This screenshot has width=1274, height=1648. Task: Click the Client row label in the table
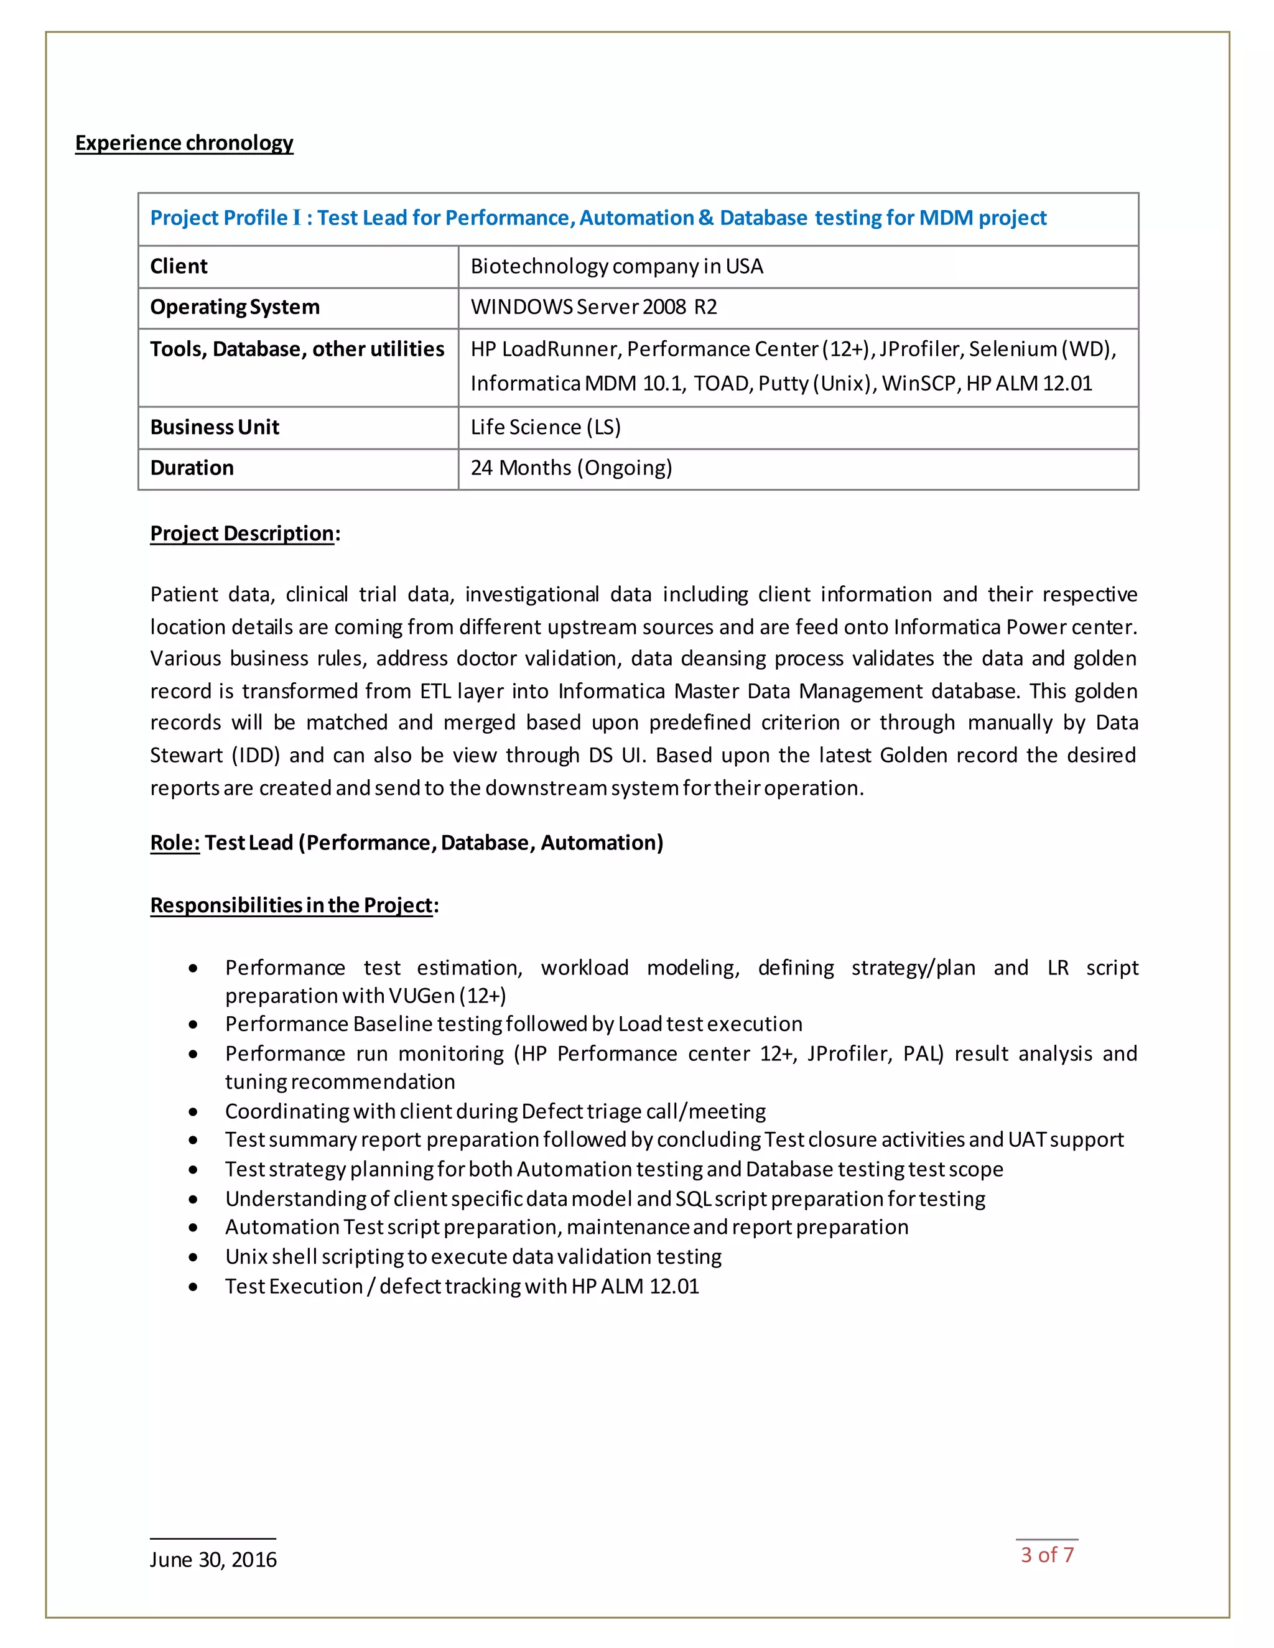[x=179, y=266]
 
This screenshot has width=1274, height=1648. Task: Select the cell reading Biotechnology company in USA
[x=616, y=266]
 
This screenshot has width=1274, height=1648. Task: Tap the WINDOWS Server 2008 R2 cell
[x=593, y=307]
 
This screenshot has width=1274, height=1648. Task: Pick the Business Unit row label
[x=215, y=427]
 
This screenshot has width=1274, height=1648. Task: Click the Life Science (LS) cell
[x=545, y=427]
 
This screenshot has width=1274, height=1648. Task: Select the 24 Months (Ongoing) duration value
[x=570, y=468]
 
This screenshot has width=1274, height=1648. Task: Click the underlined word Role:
[x=175, y=843]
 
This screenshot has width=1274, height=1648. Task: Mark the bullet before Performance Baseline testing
[x=194, y=1025]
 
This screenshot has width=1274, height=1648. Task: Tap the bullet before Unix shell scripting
[x=194, y=1257]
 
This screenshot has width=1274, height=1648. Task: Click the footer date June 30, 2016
[x=213, y=1560]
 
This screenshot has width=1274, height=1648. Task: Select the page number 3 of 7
[x=1047, y=1555]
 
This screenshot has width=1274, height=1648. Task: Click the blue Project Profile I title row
[x=598, y=218]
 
